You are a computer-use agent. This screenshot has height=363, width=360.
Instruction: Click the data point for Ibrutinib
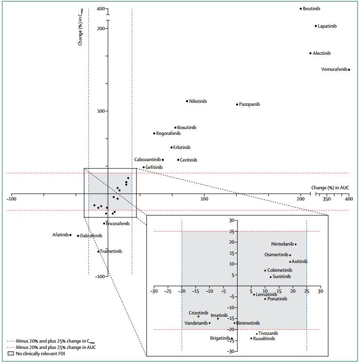301,9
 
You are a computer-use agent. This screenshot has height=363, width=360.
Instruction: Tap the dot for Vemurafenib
349,70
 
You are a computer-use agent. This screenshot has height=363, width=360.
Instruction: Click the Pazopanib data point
237,104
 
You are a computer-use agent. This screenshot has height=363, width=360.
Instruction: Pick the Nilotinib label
198,101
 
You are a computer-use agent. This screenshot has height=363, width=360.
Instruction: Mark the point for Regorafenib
154,133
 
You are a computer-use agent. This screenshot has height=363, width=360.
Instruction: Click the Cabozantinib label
147,160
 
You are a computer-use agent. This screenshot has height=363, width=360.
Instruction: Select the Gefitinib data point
143,167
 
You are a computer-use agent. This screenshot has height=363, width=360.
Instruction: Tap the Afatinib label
60,235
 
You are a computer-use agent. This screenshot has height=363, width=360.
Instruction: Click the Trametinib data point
98,251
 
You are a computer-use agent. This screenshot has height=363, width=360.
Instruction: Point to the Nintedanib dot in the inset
295,244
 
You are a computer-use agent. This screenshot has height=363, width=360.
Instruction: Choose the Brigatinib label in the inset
220,338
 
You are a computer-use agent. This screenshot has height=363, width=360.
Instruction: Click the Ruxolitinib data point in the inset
251,338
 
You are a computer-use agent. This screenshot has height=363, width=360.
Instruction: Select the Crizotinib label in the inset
198,313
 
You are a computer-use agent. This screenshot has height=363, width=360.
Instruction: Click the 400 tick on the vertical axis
101,9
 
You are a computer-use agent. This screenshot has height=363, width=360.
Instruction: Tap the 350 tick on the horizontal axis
326,199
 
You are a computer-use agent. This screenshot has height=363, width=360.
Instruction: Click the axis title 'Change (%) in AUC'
330,188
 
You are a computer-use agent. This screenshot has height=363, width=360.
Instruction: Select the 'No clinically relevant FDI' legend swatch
10,353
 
